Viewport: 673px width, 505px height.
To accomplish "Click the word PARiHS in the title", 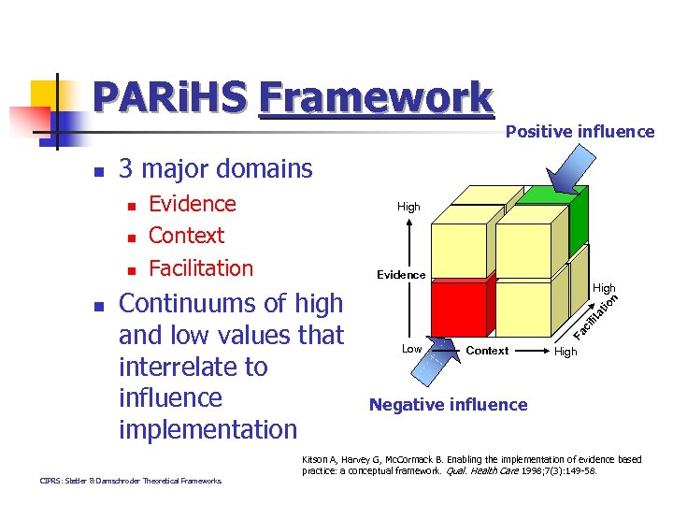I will [x=171, y=96].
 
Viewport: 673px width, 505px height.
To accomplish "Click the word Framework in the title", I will [x=376, y=96].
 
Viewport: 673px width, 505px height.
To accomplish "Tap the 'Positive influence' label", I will [x=580, y=132].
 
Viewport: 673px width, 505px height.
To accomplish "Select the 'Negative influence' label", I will [x=448, y=405].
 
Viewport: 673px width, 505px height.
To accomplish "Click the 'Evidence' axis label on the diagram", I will [x=401, y=275].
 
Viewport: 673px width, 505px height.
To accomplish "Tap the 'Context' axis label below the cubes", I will [x=487, y=351].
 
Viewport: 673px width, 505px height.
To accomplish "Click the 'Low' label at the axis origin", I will [x=411, y=349].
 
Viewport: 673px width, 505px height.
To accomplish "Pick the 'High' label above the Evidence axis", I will [x=408, y=207].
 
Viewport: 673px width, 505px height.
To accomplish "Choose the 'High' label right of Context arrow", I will [x=566, y=352].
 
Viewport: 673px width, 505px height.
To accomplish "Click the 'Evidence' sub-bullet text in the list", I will [x=193, y=204].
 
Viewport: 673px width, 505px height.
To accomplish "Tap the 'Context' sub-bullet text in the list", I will [x=187, y=236].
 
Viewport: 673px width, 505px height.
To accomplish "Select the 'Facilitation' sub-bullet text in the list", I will [x=201, y=268].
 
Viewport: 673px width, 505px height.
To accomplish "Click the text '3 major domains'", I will [x=216, y=169].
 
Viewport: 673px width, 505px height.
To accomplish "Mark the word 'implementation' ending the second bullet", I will [x=208, y=429].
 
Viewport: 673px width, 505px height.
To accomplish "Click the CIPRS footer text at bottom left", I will [x=131, y=481].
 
